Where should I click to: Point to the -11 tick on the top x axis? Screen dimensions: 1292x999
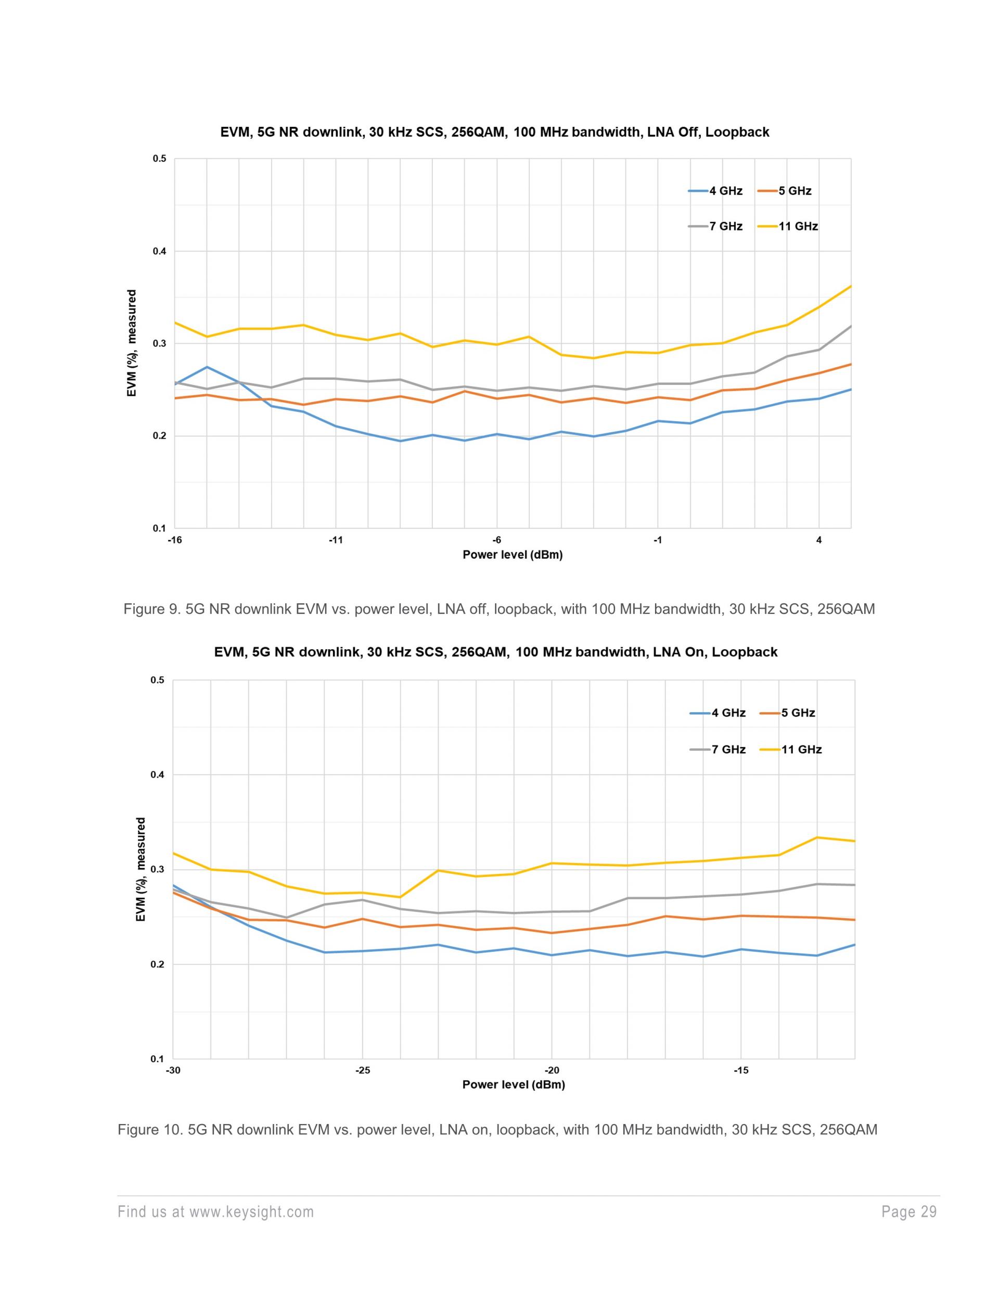coord(336,540)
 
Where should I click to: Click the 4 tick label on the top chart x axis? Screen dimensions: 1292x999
coord(818,540)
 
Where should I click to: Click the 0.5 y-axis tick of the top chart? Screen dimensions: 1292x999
coord(160,159)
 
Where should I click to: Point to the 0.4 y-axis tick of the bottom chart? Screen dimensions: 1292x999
coord(158,775)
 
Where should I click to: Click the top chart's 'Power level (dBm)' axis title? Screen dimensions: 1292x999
coord(513,555)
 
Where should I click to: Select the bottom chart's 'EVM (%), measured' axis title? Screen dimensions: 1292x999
coord(141,869)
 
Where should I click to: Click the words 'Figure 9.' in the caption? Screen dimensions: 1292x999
coord(151,609)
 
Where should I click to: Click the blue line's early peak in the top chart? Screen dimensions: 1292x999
coord(207,367)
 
